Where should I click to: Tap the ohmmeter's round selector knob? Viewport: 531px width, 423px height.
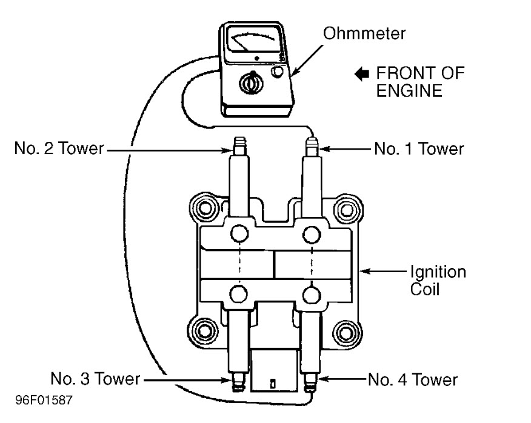(250, 84)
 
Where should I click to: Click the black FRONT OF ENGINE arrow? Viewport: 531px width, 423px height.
(362, 75)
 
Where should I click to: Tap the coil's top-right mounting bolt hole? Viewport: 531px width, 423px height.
(347, 209)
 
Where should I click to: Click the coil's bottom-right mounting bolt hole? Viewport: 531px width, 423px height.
(347, 331)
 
